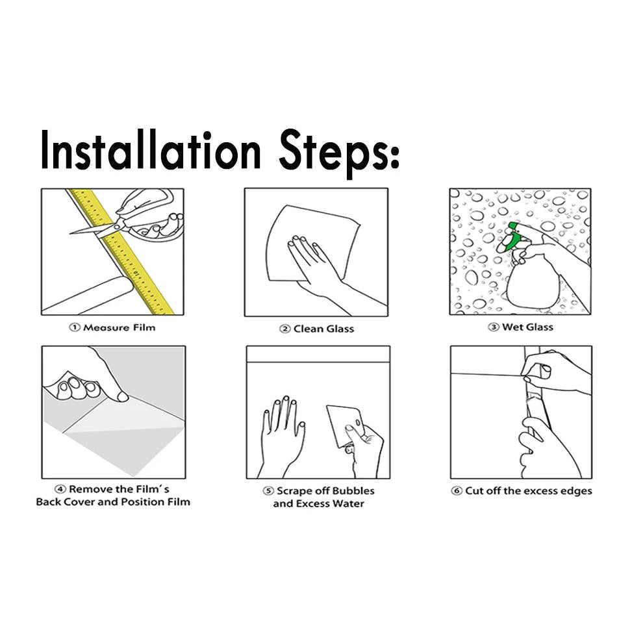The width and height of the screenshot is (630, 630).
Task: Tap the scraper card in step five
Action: tap(345, 425)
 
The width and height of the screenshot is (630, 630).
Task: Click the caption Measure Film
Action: tap(119, 328)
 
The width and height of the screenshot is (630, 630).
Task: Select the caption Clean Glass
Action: tap(323, 329)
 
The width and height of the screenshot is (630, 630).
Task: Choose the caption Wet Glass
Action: tap(527, 327)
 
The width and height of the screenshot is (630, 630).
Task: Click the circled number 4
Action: tap(60, 489)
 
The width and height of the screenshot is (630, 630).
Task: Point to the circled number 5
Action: tap(268, 491)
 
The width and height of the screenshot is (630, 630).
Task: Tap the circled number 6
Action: tap(457, 491)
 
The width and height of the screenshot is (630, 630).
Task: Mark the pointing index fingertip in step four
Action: tap(123, 397)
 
